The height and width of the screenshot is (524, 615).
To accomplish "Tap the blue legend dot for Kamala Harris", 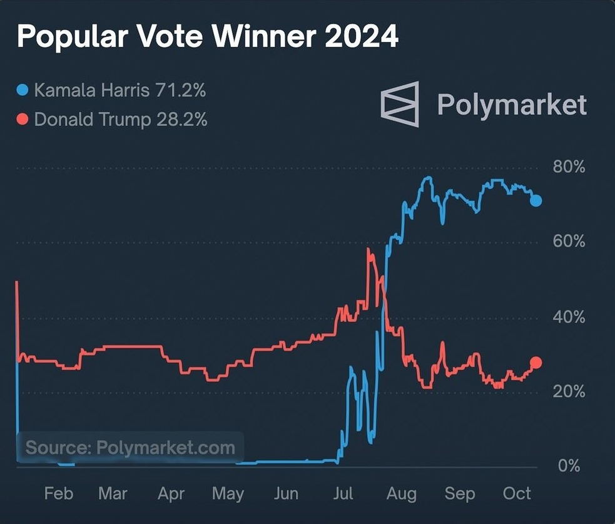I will [23, 91].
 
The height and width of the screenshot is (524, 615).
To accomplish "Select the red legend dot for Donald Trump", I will [23, 119].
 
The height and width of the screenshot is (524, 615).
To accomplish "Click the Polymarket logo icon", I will [400, 103].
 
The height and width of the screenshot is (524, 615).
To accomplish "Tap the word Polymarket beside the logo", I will [512, 104].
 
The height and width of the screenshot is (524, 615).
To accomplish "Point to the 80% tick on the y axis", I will [569, 167].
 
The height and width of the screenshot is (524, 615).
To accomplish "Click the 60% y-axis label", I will [569, 242].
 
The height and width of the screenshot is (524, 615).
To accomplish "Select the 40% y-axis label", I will [569, 317].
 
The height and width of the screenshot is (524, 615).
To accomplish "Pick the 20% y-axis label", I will [569, 392].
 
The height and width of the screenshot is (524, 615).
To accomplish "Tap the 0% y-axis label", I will [569, 466].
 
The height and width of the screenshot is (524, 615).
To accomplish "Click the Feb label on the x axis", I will [58, 493].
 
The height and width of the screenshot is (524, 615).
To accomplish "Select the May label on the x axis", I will [228, 493].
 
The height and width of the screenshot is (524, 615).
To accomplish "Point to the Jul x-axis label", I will [343, 493].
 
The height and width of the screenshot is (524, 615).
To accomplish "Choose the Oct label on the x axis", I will [517, 493].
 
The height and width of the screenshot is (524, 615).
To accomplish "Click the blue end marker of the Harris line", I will [536, 201].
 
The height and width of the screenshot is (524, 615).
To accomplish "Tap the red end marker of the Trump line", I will [536, 362].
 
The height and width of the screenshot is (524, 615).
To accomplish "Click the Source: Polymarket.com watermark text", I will [130, 448].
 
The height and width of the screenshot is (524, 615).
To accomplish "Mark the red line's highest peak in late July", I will [368, 250].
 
